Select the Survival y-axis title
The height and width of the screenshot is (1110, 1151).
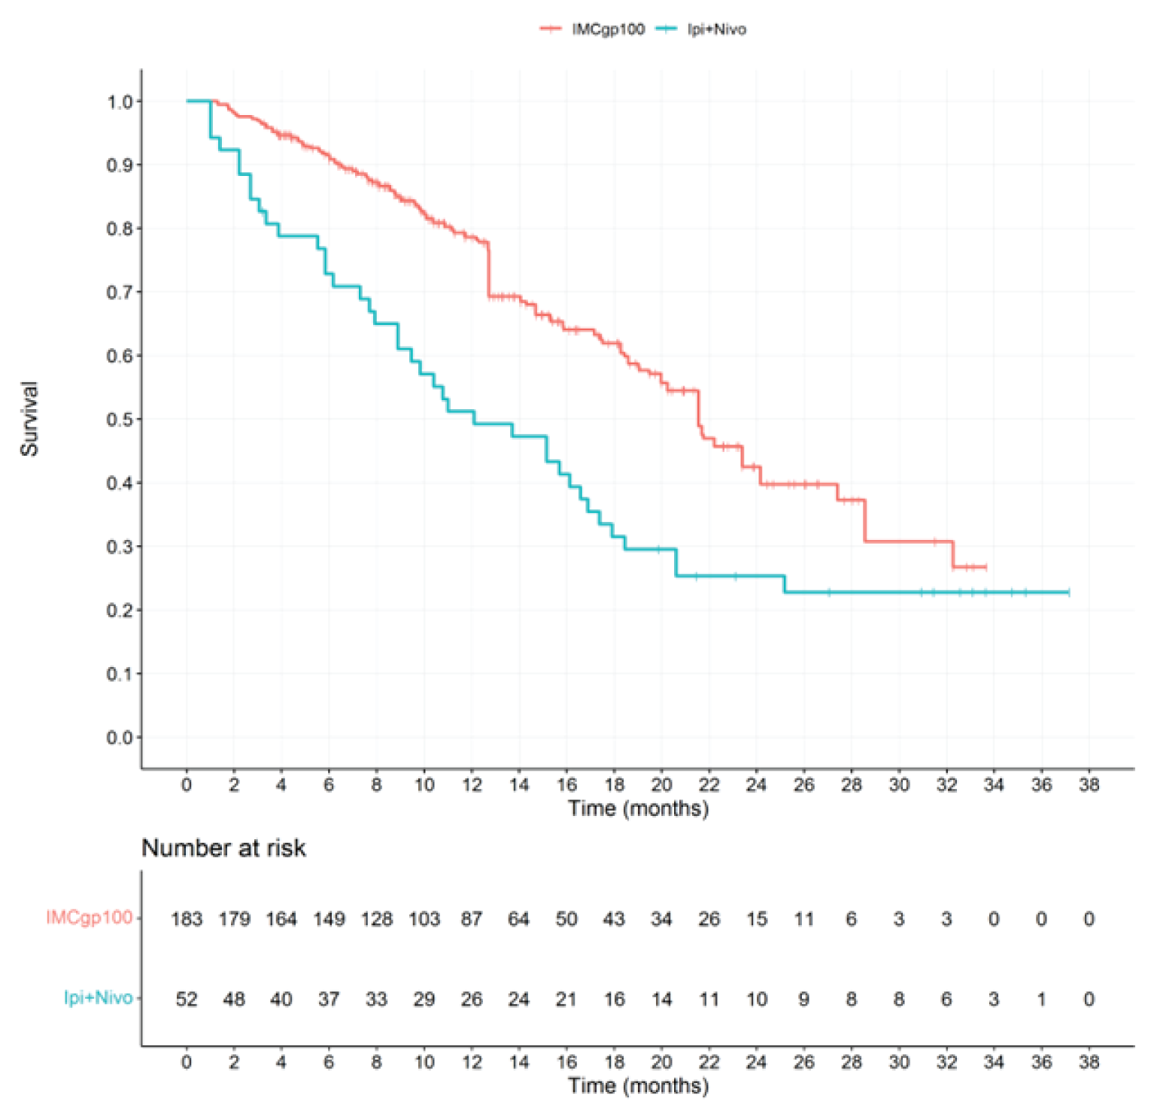point(29,418)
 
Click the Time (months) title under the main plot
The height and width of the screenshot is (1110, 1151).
point(638,808)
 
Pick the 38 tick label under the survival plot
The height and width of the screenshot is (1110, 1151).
point(1089,785)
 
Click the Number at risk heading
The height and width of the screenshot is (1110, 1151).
point(223,848)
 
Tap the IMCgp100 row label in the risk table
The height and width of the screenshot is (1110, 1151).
point(89,917)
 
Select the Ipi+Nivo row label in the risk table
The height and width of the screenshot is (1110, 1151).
point(98,998)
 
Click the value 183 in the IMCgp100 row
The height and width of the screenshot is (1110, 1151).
point(187,919)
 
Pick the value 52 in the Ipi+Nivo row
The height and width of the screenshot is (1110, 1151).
point(187,999)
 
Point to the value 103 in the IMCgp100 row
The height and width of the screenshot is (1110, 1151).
point(424,919)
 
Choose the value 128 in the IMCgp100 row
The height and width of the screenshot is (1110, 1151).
point(376,919)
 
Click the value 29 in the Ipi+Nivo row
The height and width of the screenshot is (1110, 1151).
point(424,999)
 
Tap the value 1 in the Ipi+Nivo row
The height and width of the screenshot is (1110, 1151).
point(1041,999)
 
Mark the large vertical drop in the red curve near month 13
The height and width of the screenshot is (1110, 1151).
point(488,269)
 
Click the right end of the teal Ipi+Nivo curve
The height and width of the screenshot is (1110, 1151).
point(1067,593)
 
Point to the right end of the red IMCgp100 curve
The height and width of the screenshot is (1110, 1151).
point(985,566)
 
